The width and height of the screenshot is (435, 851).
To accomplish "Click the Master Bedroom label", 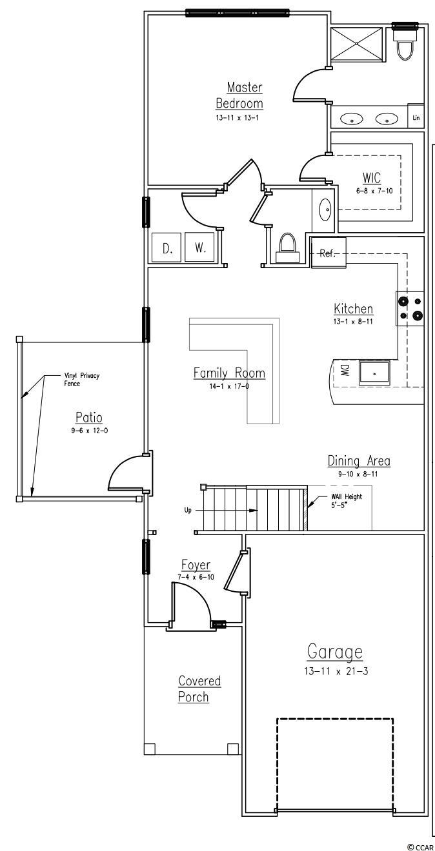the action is [239, 95].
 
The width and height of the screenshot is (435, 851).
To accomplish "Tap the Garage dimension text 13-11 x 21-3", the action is [336, 670].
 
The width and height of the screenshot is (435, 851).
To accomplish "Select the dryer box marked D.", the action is [167, 248].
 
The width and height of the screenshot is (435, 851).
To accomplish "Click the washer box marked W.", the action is [199, 248].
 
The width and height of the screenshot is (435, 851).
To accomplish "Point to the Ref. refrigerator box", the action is [329, 252].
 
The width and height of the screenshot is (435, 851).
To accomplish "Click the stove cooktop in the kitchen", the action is [410, 308].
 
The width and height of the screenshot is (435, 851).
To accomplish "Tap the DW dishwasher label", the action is [344, 371].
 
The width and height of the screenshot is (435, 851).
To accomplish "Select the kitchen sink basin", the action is [374, 373].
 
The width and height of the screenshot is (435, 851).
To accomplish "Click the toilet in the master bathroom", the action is [405, 44].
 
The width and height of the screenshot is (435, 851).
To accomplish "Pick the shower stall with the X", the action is [356, 43].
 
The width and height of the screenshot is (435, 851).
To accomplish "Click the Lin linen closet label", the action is [416, 117].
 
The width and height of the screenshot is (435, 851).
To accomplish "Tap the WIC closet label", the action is [372, 177].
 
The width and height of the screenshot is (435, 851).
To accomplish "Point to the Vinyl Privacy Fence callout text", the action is [81, 379].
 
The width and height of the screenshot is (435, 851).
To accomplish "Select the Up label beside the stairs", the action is [188, 510].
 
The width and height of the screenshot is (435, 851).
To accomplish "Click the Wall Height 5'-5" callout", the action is [347, 501].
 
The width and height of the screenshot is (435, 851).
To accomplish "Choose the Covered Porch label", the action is [199, 689].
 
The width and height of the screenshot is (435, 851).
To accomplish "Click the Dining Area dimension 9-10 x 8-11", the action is [358, 474].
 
